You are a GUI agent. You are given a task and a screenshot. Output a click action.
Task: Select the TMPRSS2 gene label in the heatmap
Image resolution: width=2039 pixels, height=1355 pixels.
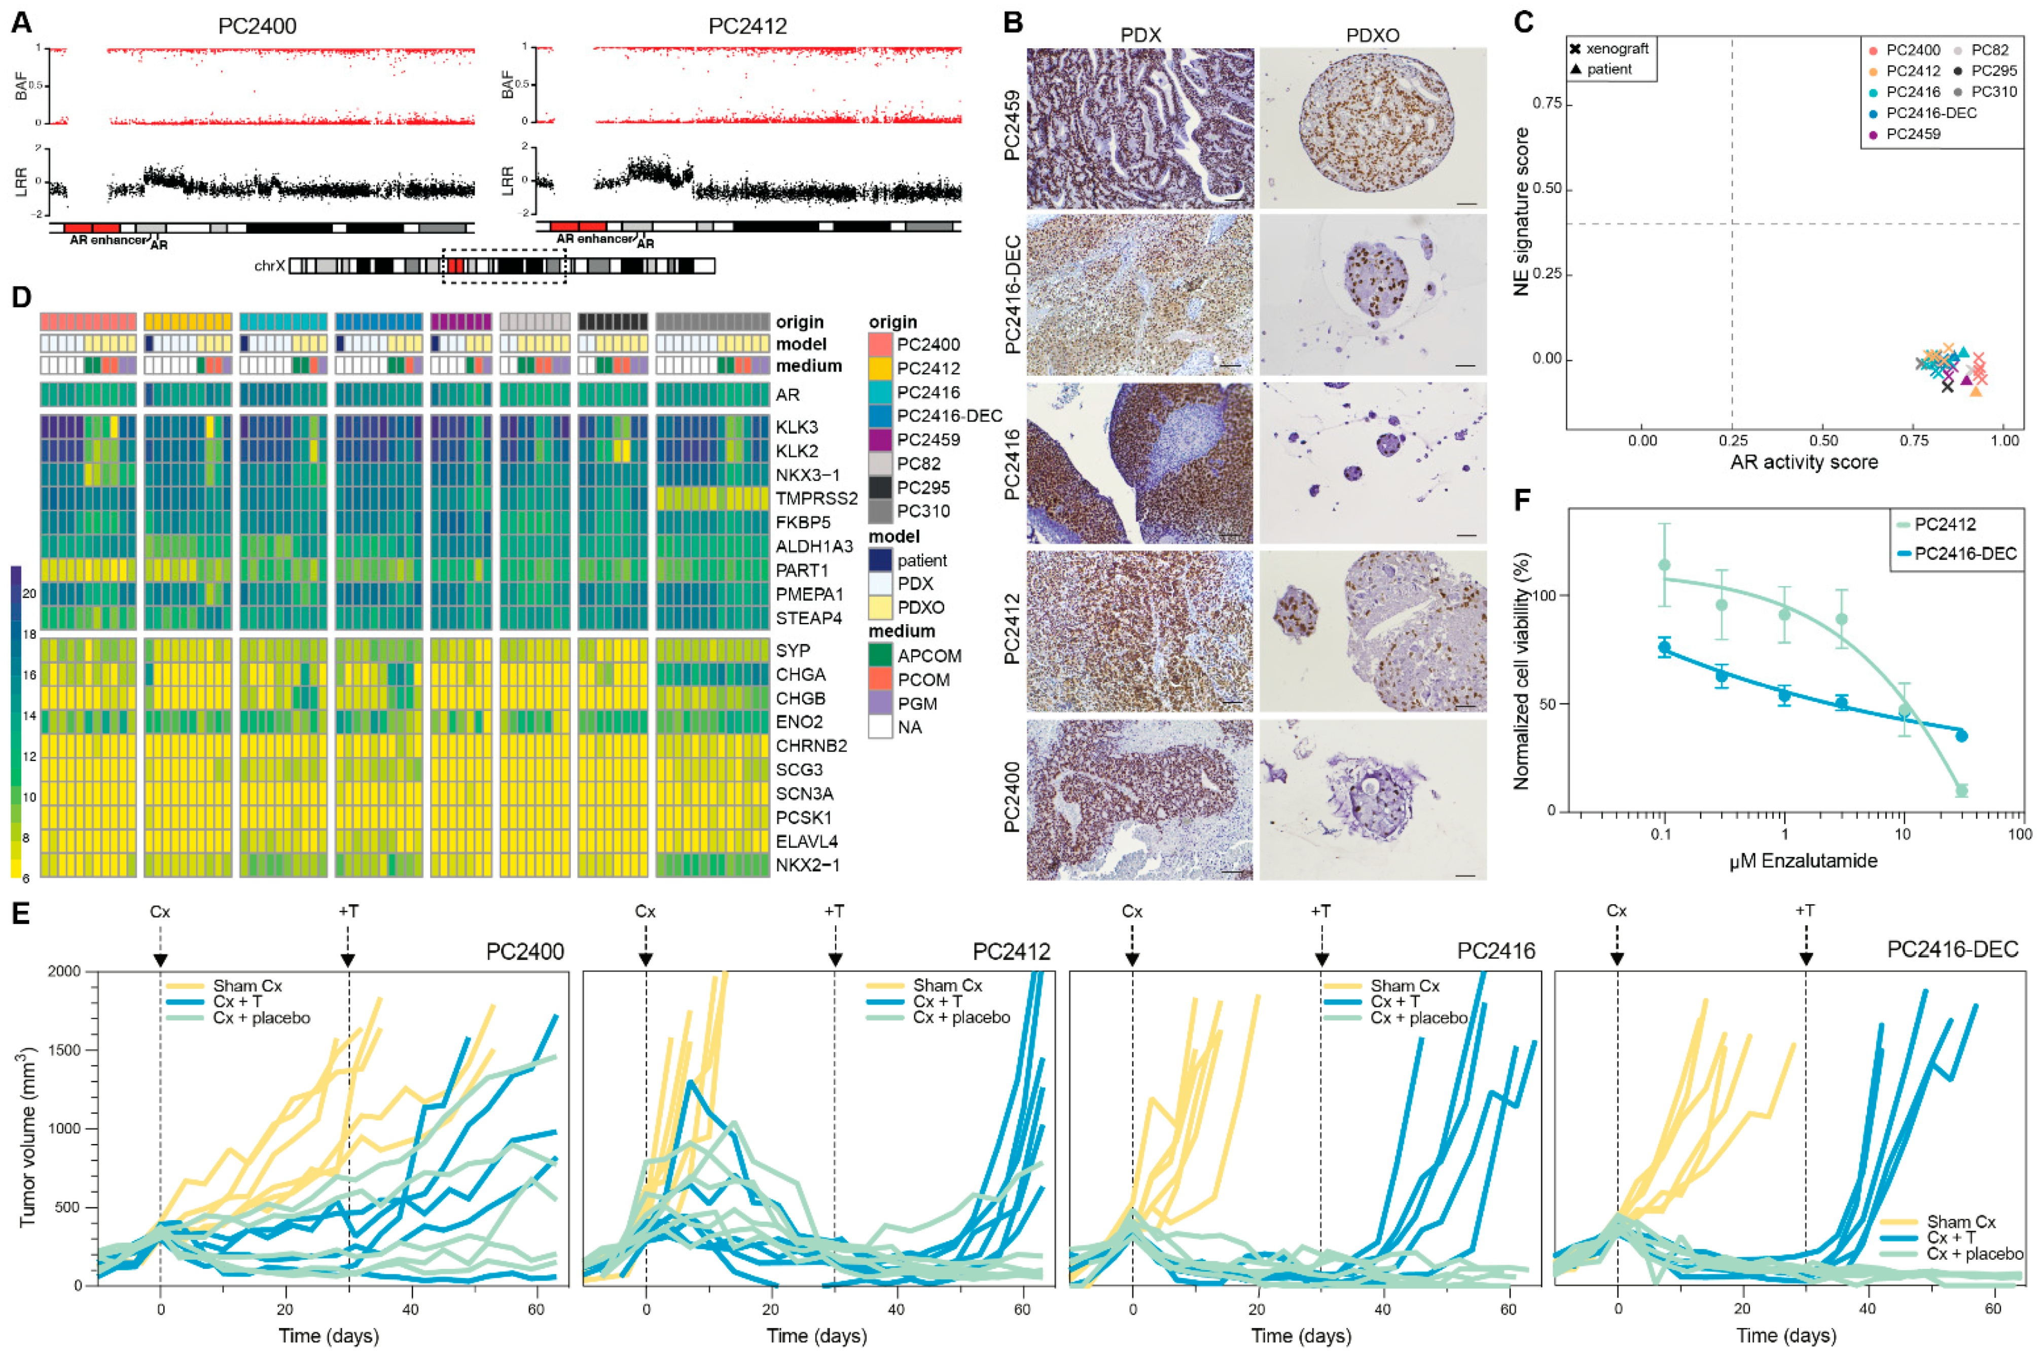[x=815, y=498]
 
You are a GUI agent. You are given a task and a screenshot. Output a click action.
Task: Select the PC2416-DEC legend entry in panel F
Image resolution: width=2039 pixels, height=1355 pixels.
[x=1964, y=554]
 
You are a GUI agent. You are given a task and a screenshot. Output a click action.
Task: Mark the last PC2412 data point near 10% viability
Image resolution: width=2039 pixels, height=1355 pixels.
[x=1961, y=790]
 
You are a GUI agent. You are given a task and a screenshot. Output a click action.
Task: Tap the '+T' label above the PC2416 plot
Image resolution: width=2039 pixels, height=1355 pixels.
[x=1320, y=911]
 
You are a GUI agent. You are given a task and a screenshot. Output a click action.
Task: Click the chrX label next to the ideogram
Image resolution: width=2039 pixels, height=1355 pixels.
[x=269, y=265]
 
